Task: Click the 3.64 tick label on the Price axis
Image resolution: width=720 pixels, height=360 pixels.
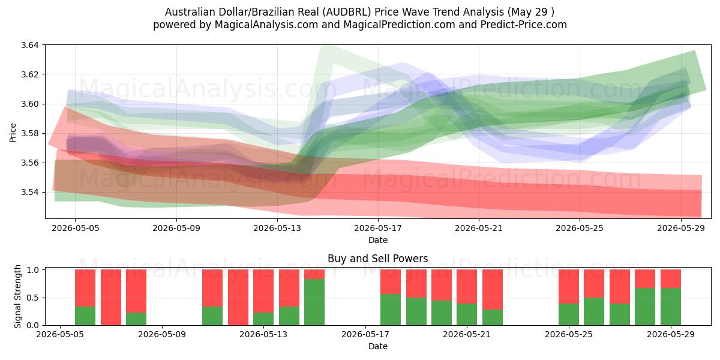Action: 29,45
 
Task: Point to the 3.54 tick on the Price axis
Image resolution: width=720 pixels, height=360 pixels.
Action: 29,192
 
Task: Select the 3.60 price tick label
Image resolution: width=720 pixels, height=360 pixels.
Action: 29,104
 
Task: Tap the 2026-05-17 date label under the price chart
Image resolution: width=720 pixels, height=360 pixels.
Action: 378,228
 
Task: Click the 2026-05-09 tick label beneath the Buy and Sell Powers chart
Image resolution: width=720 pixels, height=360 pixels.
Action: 161,334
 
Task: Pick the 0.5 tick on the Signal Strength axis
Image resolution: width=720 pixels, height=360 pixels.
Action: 32,298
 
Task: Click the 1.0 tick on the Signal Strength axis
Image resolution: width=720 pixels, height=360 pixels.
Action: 32,269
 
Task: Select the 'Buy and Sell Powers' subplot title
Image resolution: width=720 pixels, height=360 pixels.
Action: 377,259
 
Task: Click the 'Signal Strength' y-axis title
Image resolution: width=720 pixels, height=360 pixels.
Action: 17,296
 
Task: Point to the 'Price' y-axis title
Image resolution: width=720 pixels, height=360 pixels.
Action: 13,133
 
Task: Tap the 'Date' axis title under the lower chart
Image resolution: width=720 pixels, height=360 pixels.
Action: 378,346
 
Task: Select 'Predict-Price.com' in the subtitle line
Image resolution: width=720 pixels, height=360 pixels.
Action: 524,25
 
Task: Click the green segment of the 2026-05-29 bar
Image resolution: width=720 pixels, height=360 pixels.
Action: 671,307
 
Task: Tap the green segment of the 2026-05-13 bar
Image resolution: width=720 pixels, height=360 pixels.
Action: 263,319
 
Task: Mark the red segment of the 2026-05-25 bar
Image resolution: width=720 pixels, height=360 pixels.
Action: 569,286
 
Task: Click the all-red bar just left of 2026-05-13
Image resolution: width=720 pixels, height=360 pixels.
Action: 238,298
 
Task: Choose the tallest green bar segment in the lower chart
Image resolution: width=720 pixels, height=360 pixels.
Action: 314,302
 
